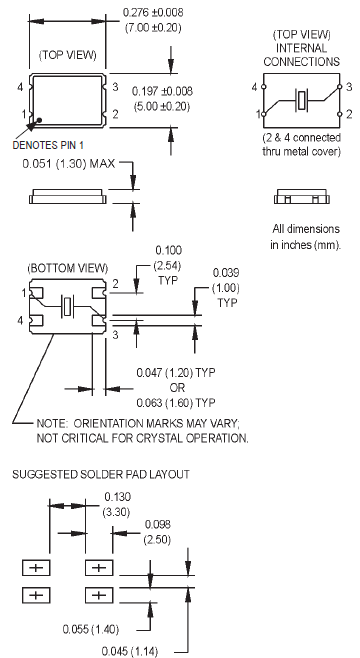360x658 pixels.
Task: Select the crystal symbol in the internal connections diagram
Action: tap(301, 100)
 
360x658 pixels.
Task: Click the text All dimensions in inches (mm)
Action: tap(305, 237)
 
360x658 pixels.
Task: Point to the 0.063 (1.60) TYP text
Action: tap(176, 402)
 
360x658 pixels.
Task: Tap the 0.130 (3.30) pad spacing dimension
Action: tap(117, 503)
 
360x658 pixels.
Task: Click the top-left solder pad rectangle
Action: tap(36, 569)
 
